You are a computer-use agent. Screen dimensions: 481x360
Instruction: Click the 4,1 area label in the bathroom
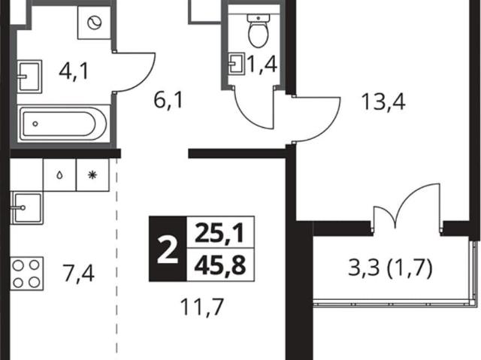tap(74, 72)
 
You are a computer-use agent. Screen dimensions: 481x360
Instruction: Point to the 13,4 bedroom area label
tap(383, 101)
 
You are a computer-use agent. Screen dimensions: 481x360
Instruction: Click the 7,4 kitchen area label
tap(78, 274)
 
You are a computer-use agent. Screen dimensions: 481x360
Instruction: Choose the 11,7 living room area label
tap(201, 307)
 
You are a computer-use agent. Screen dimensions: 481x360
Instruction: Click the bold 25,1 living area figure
tap(220, 233)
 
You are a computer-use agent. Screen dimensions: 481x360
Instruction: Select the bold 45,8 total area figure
tap(220, 265)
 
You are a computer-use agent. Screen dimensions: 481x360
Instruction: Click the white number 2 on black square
tap(168, 249)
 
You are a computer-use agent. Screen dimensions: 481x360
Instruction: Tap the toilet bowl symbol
tap(259, 31)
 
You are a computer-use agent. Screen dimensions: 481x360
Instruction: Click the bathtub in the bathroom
tap(63, 123)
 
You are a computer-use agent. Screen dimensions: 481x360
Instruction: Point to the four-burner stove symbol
tap(27, 274)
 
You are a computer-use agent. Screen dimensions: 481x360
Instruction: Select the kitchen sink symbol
tap(26, 207)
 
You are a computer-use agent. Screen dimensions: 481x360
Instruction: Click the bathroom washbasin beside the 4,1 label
tap(29, 77)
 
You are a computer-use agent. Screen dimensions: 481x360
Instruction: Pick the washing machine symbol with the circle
tap(94, 23)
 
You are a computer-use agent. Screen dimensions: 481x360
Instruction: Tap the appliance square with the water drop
tap(60, 175)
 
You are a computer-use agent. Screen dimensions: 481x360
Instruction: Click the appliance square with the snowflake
tap(92, 175)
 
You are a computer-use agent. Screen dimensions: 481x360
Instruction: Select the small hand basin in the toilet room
tap(237, 64)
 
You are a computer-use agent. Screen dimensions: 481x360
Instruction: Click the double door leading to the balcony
tap(407, 208)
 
